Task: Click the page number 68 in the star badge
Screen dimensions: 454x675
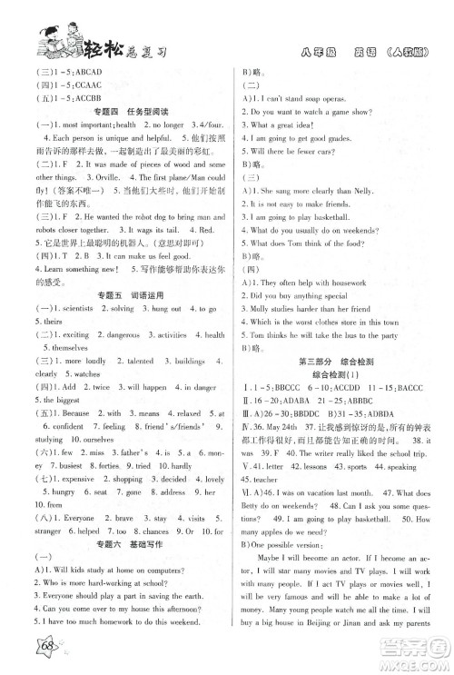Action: tap(43, 651)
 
